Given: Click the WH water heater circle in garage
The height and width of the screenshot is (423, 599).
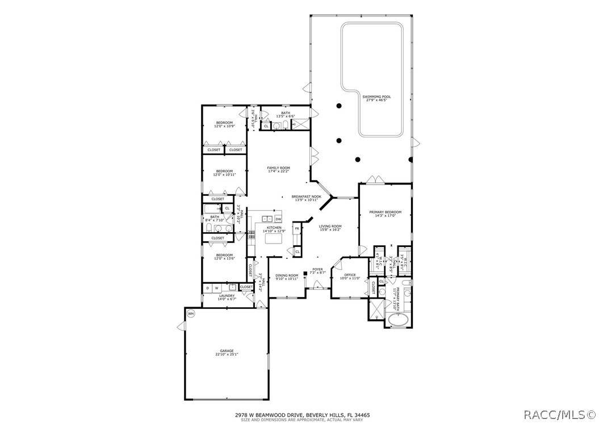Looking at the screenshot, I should (x=191, y=313).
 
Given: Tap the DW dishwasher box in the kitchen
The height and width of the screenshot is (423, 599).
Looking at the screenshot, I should (x=278, y=219).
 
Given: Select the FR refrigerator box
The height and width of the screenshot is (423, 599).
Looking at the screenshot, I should (x=296, y=229).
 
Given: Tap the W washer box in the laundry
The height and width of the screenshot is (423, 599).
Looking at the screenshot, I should (x=216, y=288).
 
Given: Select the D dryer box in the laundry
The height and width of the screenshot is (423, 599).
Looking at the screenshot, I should (x=207, y=288).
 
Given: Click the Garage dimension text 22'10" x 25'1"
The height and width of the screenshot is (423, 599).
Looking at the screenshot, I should (x=227, y=355).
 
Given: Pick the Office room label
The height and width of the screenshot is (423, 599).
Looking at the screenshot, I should (x=350, y=275).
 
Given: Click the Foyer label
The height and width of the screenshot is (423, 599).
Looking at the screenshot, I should (x=317, y=270).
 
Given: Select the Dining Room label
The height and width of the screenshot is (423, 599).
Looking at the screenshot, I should (x=287, y=275).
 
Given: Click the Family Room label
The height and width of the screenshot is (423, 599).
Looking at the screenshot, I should (x=279, y=168).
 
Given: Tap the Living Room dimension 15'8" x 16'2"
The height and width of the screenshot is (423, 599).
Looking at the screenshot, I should (x=329, y=229).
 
